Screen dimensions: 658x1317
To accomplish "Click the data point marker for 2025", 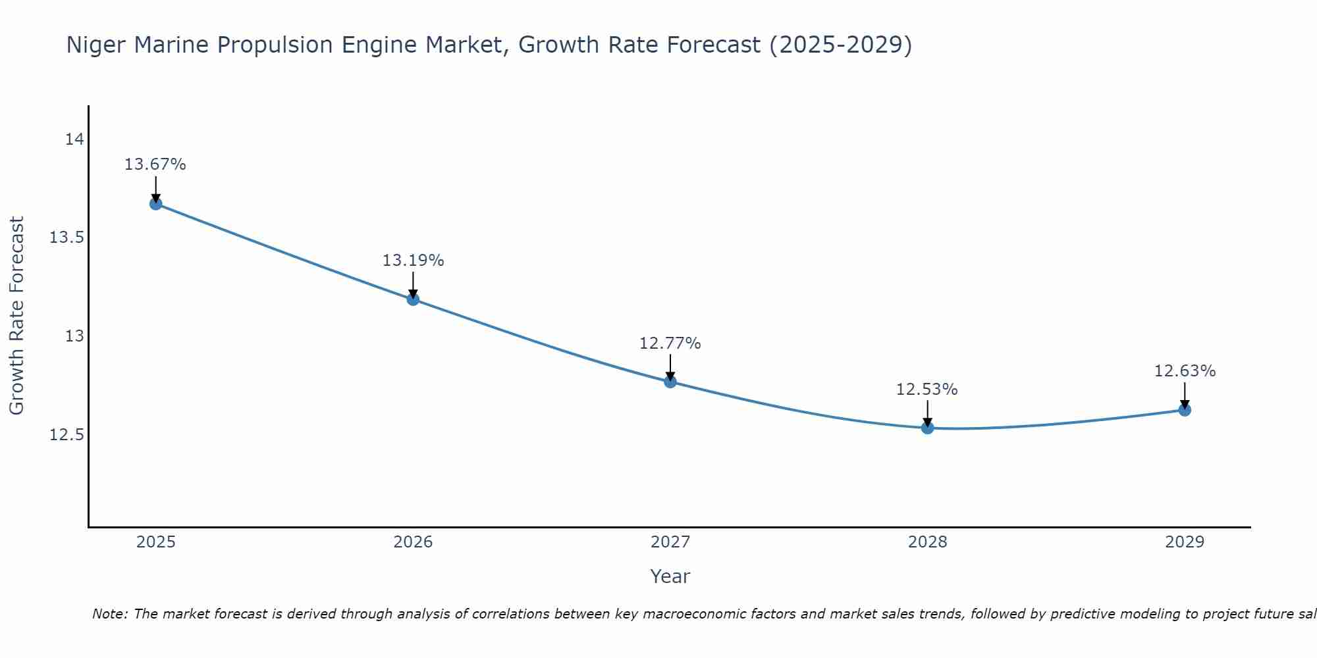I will click(155, 204).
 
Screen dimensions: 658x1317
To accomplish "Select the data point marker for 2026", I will click(413, 299).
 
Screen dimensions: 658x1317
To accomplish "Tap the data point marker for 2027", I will click(670, 382).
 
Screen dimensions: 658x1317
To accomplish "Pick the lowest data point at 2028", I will click(927, 428).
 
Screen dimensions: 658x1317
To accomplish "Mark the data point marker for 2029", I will click(1185, 410).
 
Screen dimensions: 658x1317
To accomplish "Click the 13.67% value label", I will click(155, 164).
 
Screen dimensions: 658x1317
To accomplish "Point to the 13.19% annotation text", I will click(413, 261).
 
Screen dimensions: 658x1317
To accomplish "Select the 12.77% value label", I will click(670, 343).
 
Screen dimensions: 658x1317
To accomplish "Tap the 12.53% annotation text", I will click(927, 390).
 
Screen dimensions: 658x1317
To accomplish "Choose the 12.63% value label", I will click(1185, 371).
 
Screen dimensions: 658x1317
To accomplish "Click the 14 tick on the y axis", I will click(74, 139).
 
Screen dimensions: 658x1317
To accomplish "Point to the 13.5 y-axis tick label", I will click(67, 238).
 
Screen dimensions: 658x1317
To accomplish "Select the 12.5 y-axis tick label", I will click(67, 435).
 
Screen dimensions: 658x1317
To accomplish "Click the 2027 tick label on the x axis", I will click(670, 542).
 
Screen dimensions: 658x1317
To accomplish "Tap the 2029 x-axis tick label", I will click(1185, 542).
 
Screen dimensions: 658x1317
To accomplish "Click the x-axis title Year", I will click(670, 576).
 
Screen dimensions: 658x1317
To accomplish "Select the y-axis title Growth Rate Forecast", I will click(16, 316).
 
